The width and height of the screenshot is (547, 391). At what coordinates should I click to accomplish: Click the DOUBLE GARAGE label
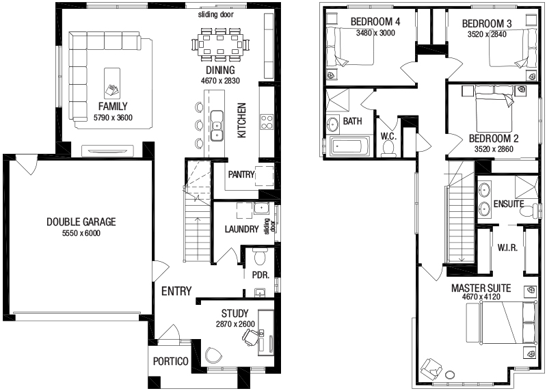[x=81, y=222]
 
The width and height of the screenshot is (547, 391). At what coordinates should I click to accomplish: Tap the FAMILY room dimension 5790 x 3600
[x=113, y=118]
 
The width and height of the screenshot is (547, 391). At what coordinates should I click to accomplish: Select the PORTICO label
[x=171, y=362]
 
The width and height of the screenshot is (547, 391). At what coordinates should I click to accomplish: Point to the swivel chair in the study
[x=250, y=337]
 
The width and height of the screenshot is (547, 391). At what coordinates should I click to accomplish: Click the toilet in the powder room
[x=259, y=257]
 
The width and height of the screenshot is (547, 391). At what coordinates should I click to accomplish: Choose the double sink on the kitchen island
[x=217, y=126]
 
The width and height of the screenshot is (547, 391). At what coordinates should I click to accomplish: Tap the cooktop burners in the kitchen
[x=267, y=122]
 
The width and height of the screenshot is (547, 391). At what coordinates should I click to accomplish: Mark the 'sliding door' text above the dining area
[x=215, y=14]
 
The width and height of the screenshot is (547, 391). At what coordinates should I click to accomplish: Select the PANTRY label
[x=241, y=174]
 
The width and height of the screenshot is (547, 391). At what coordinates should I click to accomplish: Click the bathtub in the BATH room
[x=350, y=146]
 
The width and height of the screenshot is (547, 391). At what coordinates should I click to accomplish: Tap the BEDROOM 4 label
[x=375, y=22]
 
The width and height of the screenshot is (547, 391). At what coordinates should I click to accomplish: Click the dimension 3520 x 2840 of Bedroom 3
[x=487, y=34]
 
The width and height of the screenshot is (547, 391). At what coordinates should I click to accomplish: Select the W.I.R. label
[x=507, y=247]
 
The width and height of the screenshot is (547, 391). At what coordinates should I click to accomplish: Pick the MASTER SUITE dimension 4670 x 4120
[x=481, y=297]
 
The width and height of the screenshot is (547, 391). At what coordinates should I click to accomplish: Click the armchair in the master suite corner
[x=431, y=368]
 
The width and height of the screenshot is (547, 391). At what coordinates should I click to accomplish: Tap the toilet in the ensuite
[x=529, y=211]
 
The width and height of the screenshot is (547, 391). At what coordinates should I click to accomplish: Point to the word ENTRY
[x=176, y=291]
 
